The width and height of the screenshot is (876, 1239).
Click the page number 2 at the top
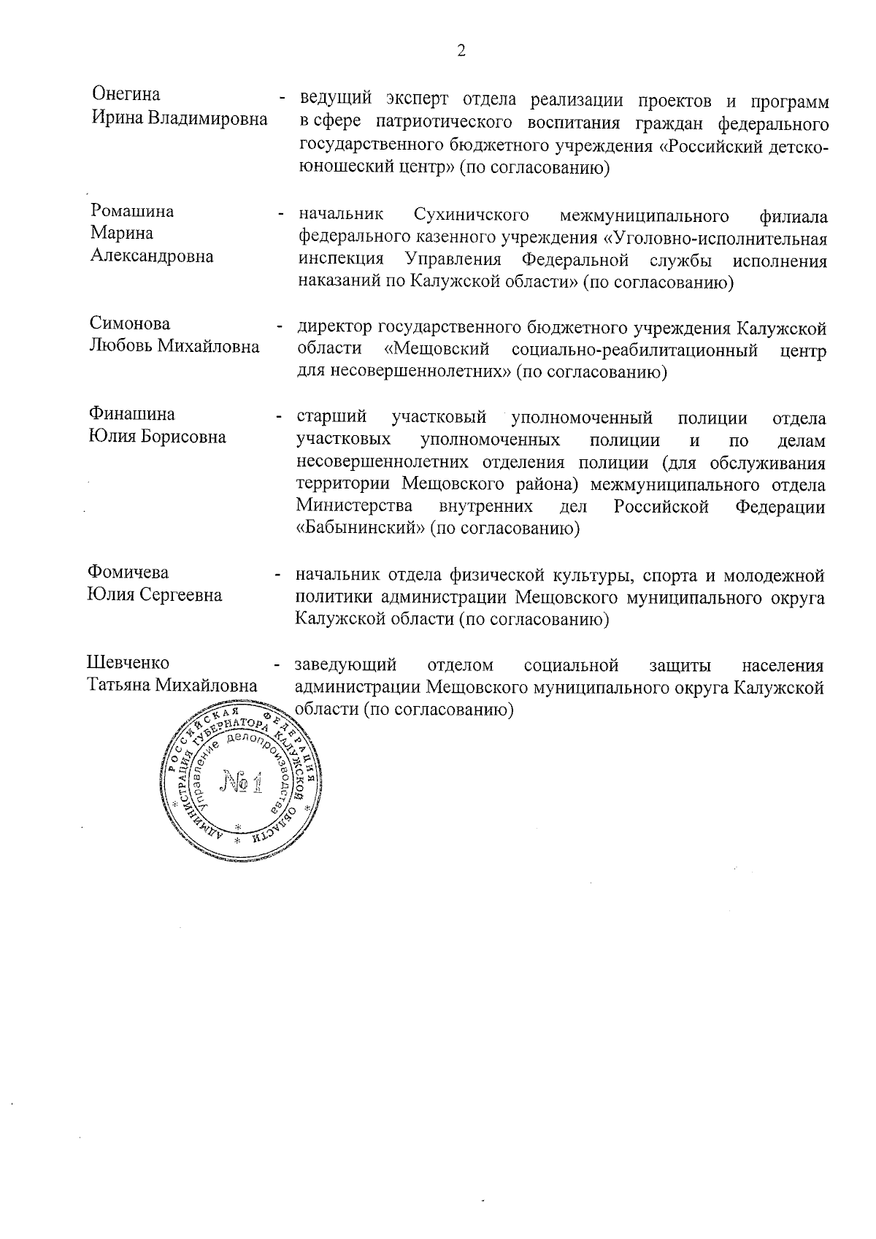click(x=460, y=50)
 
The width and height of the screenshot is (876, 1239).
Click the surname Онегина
click(x=126, y=95)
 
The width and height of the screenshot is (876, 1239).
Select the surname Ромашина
click(x=132, y=212)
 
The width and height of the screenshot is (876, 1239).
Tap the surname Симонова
click(x=129, y=323)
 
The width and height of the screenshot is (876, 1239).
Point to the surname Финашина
click(x=132, y=415)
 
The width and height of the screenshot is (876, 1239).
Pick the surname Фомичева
click(x=128, y=572)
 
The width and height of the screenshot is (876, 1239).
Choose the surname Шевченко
click(x=128, y=663)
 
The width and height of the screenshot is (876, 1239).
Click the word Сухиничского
click(x=471, y=215)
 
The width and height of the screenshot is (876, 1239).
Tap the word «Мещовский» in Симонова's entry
click(x=437, y=350)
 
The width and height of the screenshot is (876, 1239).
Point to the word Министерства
click(x=354, y=507)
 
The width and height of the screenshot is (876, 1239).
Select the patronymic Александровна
click(x=151, y=256)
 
